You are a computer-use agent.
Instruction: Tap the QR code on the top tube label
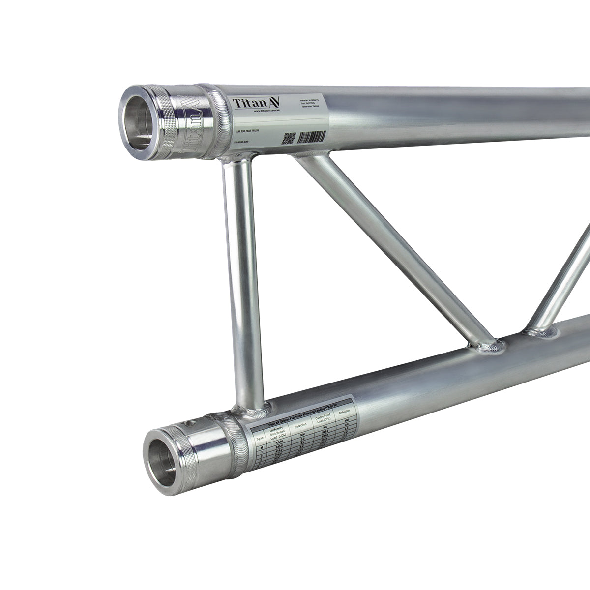tap(289, 138)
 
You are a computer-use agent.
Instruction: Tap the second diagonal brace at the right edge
tap(565, 280)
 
